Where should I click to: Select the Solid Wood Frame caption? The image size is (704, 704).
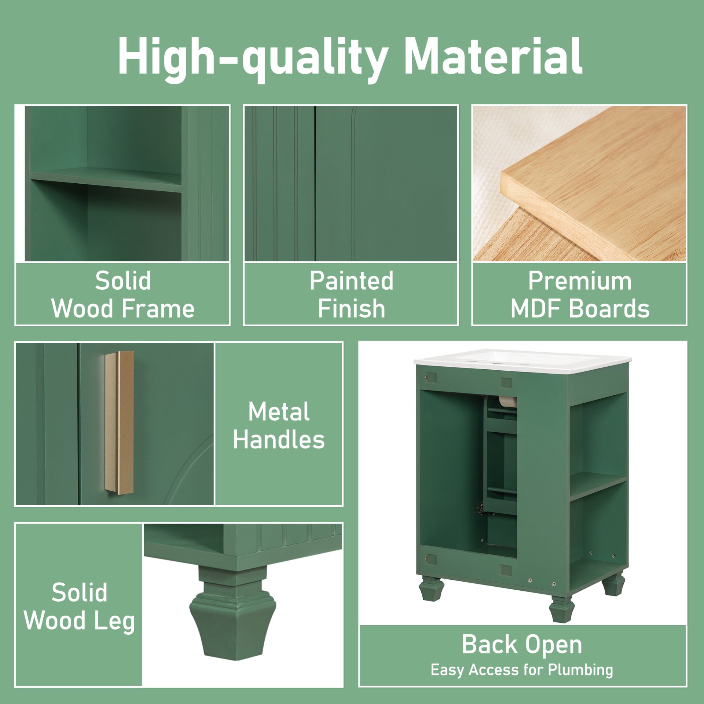[123, 294]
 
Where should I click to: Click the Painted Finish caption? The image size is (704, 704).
[351, 294]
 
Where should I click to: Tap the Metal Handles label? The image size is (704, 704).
[279, 425]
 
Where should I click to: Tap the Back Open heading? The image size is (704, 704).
[522, 644]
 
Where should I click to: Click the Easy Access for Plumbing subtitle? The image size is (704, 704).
[522, 670]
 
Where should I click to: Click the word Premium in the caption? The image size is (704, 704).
[580, 281]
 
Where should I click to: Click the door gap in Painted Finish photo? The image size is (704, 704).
[315, 183]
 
